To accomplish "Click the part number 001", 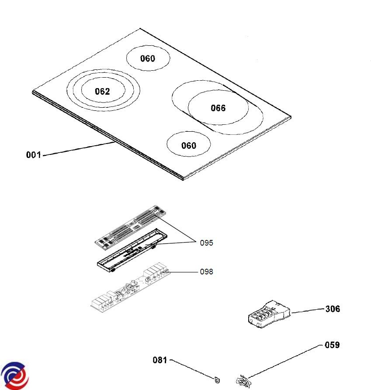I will point(33,154).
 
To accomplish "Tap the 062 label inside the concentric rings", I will point(102,91).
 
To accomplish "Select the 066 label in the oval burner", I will point(218,108).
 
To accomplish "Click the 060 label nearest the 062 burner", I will point(147,58).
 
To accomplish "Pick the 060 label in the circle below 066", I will point(189,146).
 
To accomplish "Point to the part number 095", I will point(206,243).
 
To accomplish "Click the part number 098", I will point(206,272).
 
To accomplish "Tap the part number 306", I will point(333,309).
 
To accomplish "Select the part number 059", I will point(332,345).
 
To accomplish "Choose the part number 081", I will point(160,360).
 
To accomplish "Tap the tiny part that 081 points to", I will point(216,380).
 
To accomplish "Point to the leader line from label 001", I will point(79,149).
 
